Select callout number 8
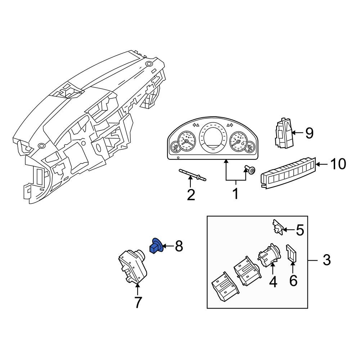(x=179, y=246)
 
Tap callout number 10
(x=338, y=164)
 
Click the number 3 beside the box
(x=327, y=260)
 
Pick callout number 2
(x=191, y=195)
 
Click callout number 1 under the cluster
(x=236, y=194)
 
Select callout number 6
(x=293, y=280)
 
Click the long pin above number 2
(x=192, y=175)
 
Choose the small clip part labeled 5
(x=278, y=227)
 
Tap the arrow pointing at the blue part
(x=168, y=246)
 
